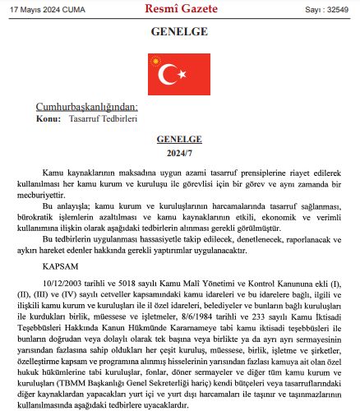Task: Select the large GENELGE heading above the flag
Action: (x=179, y=33)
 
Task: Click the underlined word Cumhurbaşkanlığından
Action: (x=86, y=108)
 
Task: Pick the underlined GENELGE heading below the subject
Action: (x=179, y=141)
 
